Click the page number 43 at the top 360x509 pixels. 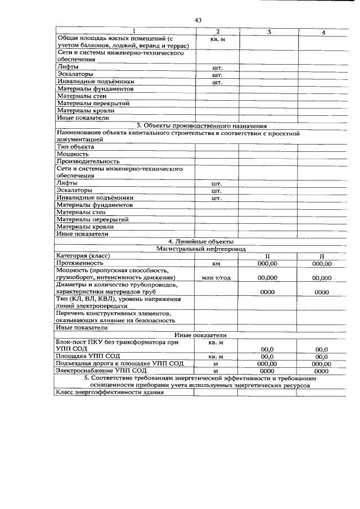(198, 20)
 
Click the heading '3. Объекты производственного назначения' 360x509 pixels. (201, 126)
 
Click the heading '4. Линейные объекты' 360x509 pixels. (201, 241)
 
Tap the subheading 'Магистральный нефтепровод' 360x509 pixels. (201, 248)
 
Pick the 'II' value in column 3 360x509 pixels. (268, 256)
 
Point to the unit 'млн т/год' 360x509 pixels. (216, 278)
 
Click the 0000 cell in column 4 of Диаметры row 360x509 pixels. (321, 292)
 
